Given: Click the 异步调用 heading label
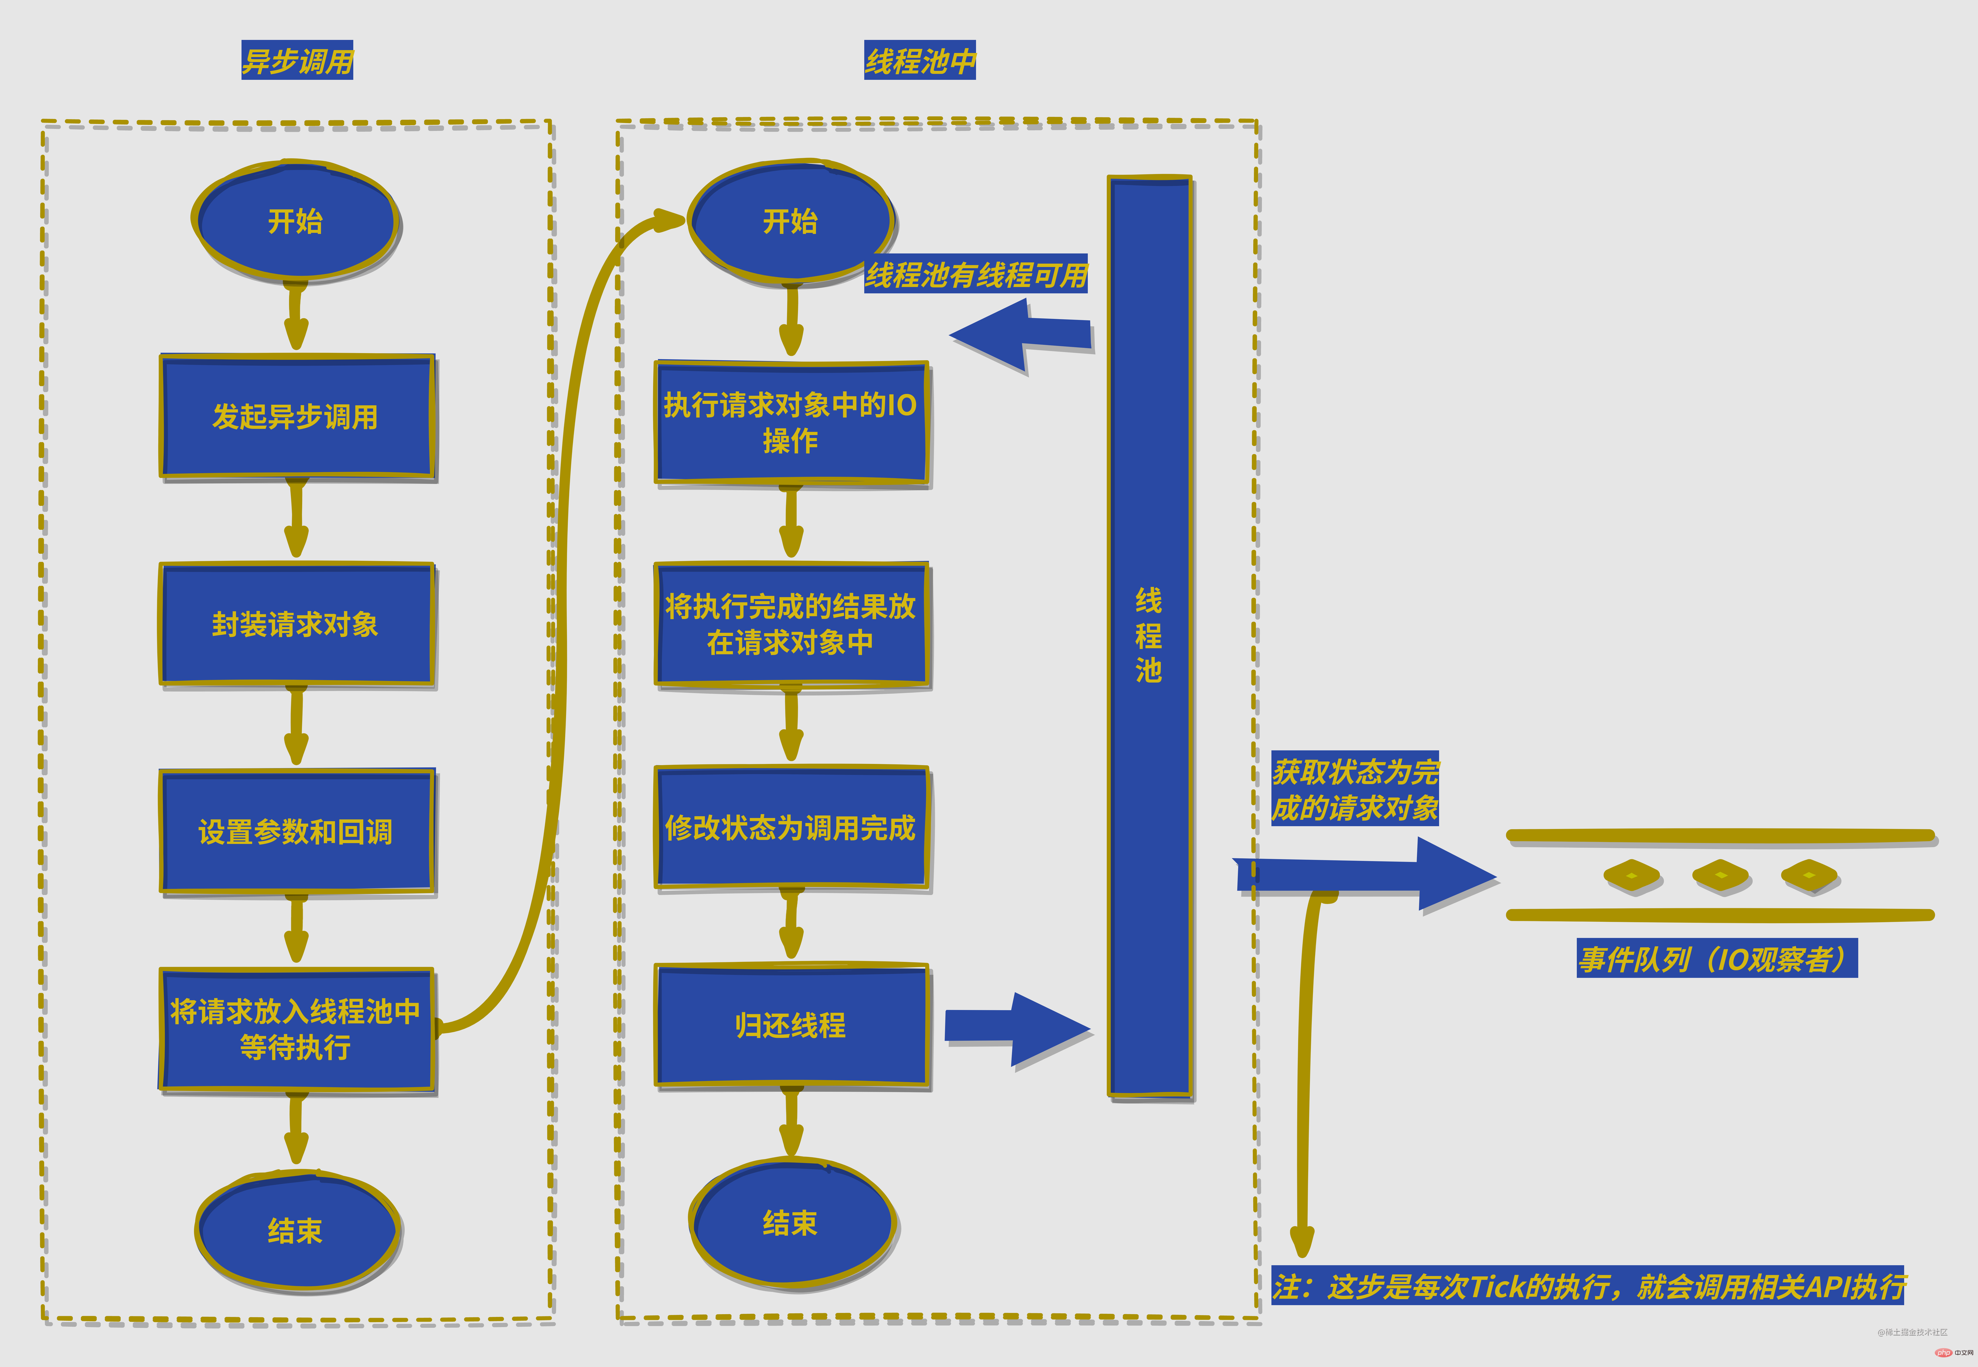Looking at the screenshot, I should pyautogui.click(x=297, y=61).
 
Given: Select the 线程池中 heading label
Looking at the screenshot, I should pyautogui.click(x=919, y=61).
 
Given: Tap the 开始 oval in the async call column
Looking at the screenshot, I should pyautogui.click(x=296, y=221).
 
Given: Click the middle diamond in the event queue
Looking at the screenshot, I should pyautogui.click(x=1720, y=876).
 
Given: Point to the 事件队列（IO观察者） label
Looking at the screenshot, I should pyautogui.click(x=1717, y=958).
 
